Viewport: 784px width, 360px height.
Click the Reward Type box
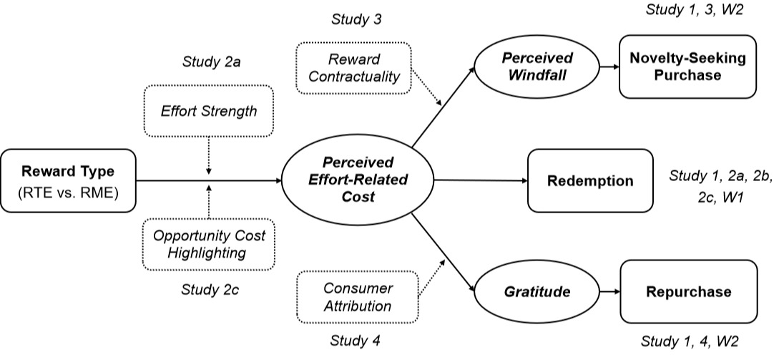(68, 180)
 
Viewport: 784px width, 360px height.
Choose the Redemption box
(589, 180)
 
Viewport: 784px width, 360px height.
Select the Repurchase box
(688, 292)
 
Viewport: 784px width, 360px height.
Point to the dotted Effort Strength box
(210, 113)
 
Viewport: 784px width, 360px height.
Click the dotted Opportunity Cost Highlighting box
(210, 245)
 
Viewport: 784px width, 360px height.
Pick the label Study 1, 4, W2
(687, 341)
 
